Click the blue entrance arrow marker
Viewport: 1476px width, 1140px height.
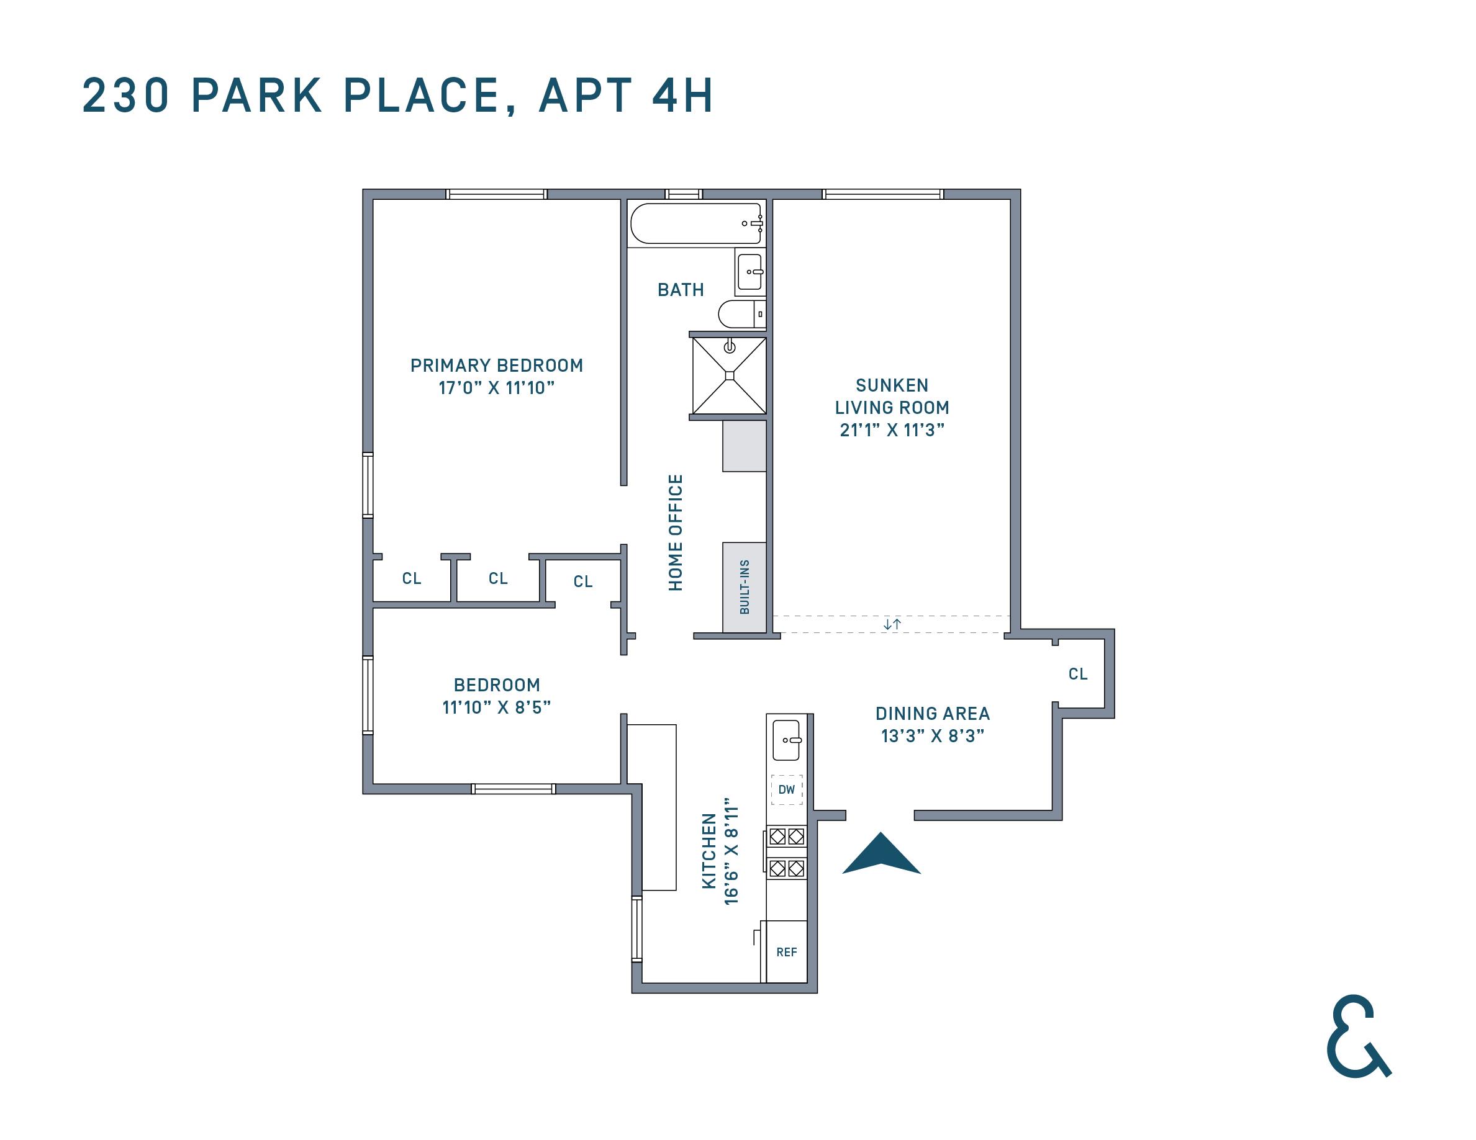pos(881,856)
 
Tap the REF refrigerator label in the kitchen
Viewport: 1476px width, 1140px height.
pos(786,952)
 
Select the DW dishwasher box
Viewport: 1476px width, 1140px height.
pos(787,789)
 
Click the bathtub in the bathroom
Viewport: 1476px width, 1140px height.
pos(696,223)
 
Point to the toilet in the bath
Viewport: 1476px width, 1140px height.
pos(740,314)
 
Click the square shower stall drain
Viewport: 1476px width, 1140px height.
pos(729,375)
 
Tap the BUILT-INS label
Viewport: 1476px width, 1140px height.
pos(745,587)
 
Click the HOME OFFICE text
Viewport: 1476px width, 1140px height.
pos(676,532)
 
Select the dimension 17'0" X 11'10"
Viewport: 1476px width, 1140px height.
pos(496,388)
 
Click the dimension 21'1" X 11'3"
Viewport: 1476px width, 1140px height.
pos(892,430)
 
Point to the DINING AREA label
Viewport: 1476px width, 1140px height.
pos(932,714)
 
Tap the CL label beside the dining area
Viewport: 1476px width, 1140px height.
pos(1078,674)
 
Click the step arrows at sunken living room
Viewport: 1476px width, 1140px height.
pos(892,624)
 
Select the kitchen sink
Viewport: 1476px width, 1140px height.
pos(787,740)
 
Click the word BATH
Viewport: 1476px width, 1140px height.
pos(681,290)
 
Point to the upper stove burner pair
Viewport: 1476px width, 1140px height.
pos(787,837)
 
